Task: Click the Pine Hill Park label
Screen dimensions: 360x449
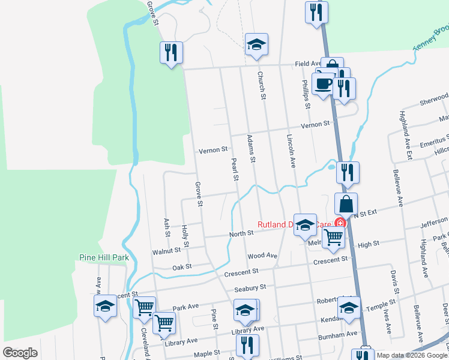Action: pyautogui.click(x=104, y=257)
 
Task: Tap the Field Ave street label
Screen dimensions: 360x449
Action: pyautogui.click(x=309, y=63)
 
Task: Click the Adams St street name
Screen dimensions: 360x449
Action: pyautogui.click(x=252, y=149)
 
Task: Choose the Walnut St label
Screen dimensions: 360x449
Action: pyautogui.click(x=166, y=251)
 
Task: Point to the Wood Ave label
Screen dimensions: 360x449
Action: pyautogui.click(x=262, y=256)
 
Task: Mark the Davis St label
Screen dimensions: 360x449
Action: pyautogui.click(x=394, y=277)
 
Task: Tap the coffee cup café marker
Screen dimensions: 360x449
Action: pyautogui.click(x=323, y=83)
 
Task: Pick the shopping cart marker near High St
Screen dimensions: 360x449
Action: pyautogui.click(x=333, y=237)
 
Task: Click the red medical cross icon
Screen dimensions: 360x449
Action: pyautogui.click(x=340, y=223)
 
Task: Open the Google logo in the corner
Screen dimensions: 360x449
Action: pyautogui.click(x=20, y=353)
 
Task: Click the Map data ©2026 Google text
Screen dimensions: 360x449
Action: pyautogui.click(x=412, y=356)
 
